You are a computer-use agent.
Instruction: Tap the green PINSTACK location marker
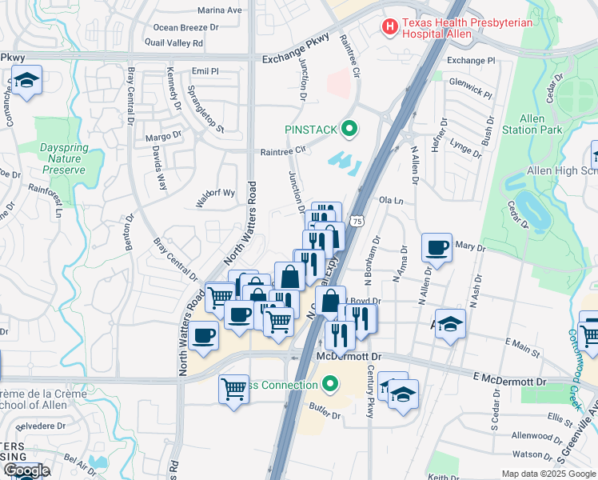tap(349, 128)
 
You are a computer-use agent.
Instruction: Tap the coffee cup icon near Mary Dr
tap(437, 248)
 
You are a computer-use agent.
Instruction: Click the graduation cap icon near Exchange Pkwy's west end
tap(26, 81)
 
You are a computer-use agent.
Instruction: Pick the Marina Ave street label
tap(219, 10)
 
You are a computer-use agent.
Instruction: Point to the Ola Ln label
tap(390, 200)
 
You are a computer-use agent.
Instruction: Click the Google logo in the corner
tap(26, 470)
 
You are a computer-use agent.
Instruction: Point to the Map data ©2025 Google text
tap(548, 474)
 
